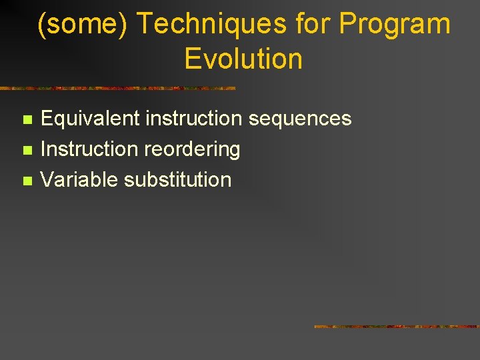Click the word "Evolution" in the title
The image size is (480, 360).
pyautogui.click(x=243, y=59)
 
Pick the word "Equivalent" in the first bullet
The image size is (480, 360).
pyautogui.click(x=91, y=119)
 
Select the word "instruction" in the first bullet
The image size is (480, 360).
pyautogui.click(x=194, y=119)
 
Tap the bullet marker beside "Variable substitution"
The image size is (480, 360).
pyautogui.click(x=27, y=181)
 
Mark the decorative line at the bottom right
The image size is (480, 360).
pyautogui.click(x=396, y=327)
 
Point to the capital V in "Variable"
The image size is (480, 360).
pyautogui.click(x=47, y=179)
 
